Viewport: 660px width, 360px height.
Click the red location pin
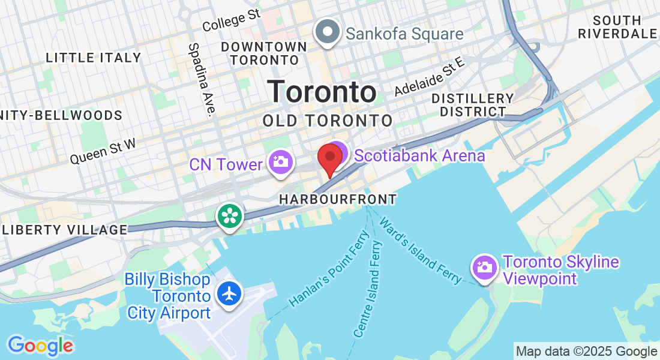click(329, 158)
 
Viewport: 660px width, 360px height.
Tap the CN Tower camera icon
click(280, 162)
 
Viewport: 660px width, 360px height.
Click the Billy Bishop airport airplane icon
click(229, 293)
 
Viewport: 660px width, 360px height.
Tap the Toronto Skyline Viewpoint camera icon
click(484, 267)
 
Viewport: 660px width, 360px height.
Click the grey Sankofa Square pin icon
click(328, 32)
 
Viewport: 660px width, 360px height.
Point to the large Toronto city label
click(322, 92)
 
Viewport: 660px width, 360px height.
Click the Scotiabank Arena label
click(419, 156)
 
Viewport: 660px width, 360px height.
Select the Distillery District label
click(473, 105)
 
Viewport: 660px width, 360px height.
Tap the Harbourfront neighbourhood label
click(338, 199)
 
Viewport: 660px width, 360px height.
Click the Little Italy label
click(94, 58)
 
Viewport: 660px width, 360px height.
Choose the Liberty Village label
click(65, 230)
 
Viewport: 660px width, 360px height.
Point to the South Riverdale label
click(617, 27)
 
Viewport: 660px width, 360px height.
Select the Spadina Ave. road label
click(202, 79)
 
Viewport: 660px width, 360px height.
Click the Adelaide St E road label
click(430, 76)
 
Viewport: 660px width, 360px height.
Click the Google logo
click(40, 346)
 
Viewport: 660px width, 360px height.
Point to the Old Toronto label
click(328, 121)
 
